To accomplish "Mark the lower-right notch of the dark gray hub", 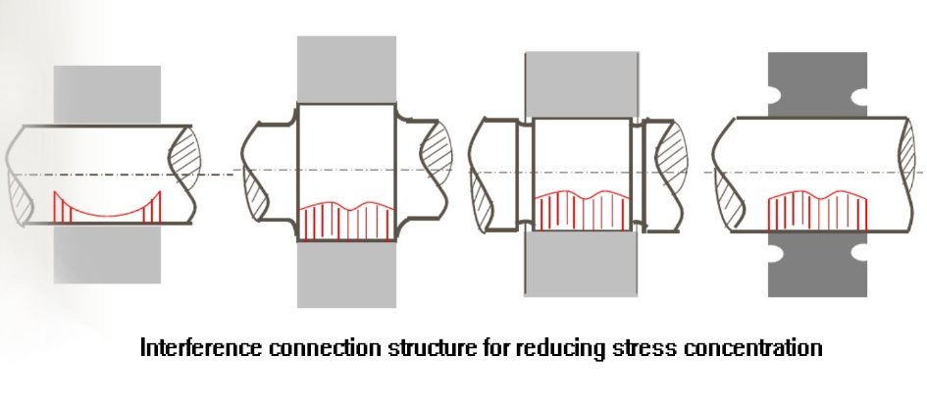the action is [859, 252].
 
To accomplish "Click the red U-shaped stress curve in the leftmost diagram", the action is [107, 214].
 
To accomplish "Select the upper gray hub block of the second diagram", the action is [346, 70].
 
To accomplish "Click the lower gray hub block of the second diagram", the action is [346, 275].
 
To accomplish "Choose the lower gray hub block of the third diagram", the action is [581, 263].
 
